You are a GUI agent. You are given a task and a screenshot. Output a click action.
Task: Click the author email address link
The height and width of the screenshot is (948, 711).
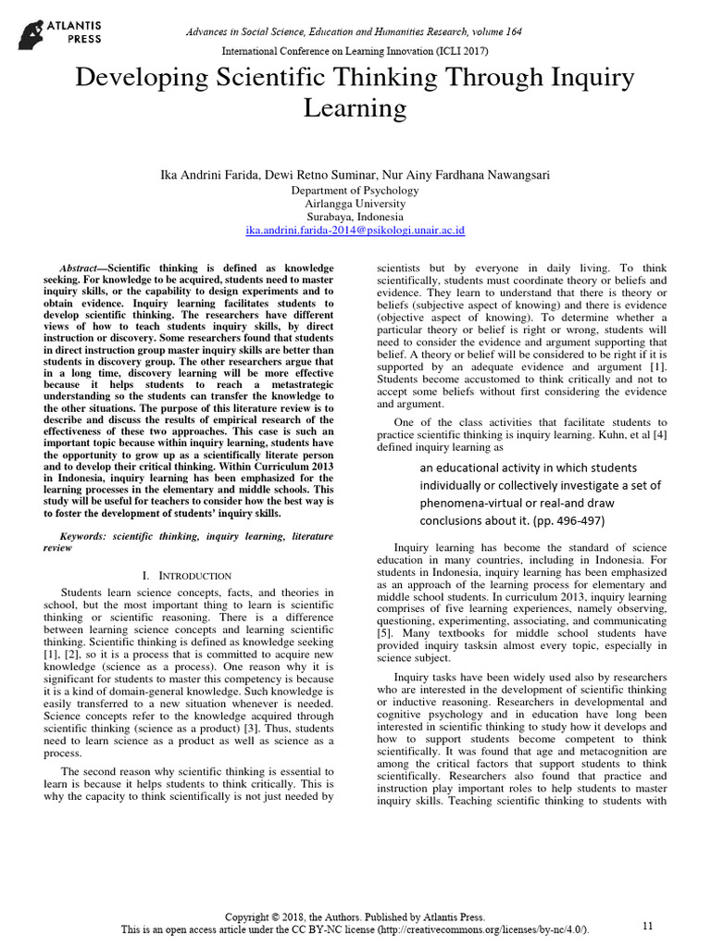coord(355,230)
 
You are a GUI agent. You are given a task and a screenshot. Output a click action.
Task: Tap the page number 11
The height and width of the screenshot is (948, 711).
coord(647,925)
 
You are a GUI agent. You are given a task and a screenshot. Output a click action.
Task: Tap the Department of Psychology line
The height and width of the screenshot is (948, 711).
coord(355,190)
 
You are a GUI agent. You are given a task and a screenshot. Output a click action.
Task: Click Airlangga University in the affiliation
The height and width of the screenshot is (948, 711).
coord(355,203)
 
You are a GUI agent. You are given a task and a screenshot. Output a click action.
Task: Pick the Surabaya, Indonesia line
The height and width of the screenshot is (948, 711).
coord(355,217)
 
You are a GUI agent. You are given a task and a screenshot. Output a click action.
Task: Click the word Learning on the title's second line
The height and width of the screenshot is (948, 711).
coord(355,108)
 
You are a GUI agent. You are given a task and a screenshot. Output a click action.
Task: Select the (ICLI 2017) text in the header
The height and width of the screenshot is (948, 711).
coord(456,51)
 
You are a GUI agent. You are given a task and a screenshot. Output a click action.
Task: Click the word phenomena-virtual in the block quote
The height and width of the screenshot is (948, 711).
coord(473,503)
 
